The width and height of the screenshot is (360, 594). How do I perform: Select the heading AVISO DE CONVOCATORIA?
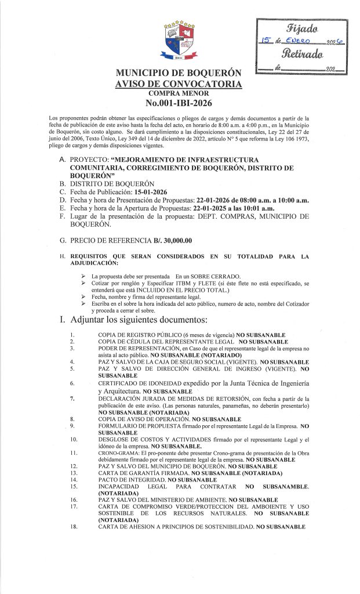[x=178, y=85]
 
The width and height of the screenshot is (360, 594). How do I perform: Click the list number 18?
[x=72, y=526]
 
